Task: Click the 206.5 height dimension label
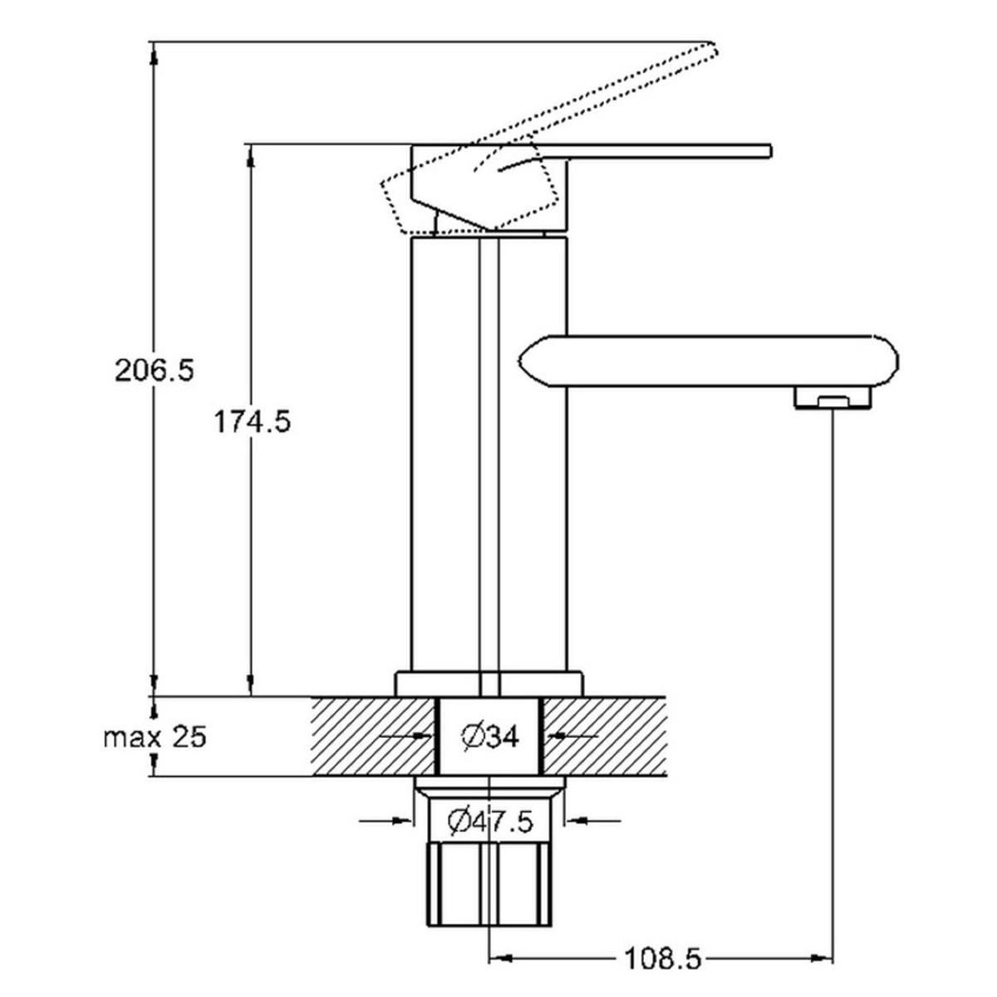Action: pos(155,371)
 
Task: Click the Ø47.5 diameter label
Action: pos(490,823)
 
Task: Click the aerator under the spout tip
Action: pos(832,399)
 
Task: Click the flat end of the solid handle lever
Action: pos(769,151)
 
